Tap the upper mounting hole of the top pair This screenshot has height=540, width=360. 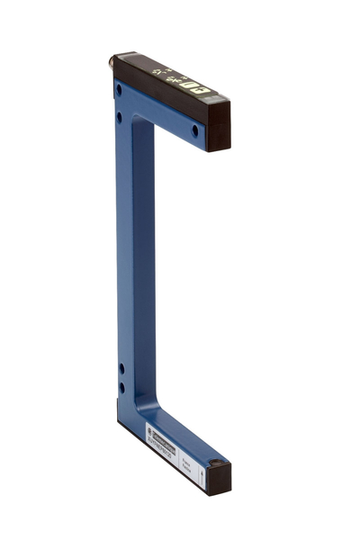[x=119, y=89]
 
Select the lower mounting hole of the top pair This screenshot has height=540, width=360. [x=119, y=116]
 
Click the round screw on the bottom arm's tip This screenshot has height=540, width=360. [x=215, y=465]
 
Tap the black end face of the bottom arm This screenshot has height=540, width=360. [x=217, y=482]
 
